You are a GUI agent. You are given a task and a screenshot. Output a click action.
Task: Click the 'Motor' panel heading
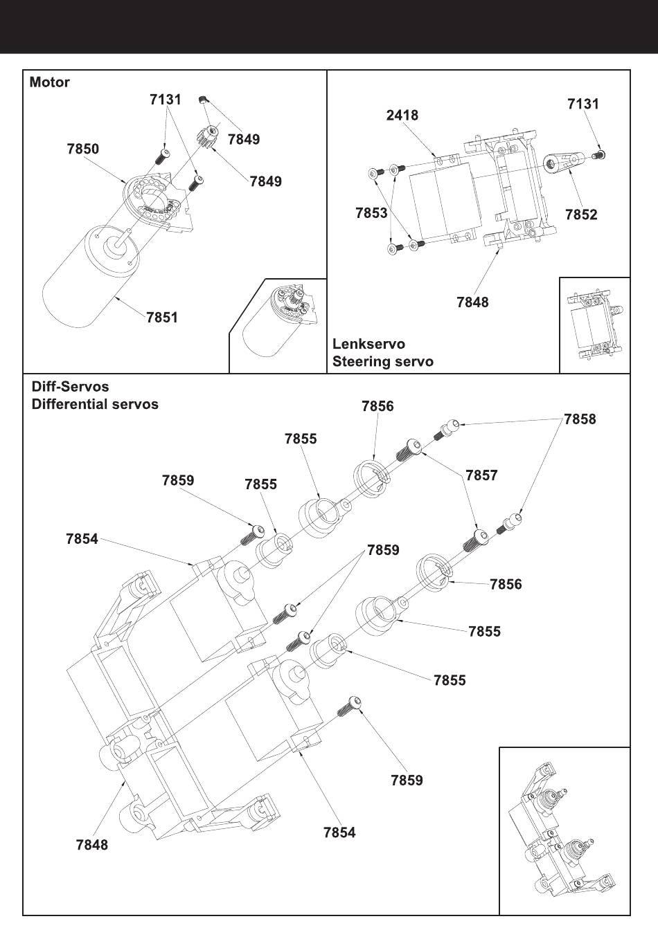(x=49, y=82)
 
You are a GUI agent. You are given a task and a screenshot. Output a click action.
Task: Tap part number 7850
(x=82, y=149)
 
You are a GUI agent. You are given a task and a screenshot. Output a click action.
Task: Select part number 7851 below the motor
(x=162, y=318)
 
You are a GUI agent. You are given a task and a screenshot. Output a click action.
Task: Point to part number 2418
(x=402, y=115)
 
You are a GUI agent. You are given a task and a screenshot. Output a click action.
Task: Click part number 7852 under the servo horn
(x=581, y=215)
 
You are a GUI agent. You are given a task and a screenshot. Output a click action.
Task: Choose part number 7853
(x=371, y=213)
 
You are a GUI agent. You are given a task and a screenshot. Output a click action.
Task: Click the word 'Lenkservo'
(x=368, y=344)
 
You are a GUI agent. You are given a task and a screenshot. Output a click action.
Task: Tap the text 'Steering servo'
(x=382, y=361)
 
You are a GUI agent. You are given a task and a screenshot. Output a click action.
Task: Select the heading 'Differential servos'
(x=95, y=404)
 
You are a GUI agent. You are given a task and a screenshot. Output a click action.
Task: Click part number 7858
(x=580, y=419)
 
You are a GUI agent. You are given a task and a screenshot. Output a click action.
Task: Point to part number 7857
(x=481, y=475)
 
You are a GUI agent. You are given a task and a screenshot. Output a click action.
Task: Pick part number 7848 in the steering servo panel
(x=472, y=302)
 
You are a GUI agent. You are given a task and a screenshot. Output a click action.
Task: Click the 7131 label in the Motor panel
(x=166, y=100)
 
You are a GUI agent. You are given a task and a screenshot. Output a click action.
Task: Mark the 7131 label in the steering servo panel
(x=583, y=104)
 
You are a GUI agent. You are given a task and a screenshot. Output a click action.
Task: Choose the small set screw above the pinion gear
(x=204, y=100)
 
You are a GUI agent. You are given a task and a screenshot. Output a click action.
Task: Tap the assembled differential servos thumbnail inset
(x=564, y=830)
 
